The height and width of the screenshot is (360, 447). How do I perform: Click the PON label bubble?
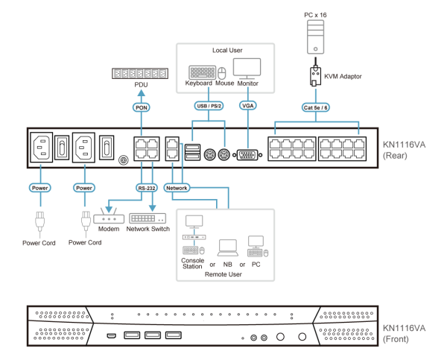[x=141, y=107]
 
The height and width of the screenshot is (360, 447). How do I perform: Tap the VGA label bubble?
[x=248, y=106]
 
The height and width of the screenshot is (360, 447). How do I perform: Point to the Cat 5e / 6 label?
[x=317, y=107]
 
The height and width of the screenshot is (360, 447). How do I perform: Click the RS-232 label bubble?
[x=146, y=188]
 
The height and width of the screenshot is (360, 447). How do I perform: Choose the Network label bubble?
[x=177, y=188]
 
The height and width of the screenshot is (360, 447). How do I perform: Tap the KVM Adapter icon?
[x=316, y=76]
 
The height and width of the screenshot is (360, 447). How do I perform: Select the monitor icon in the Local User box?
[x=247, y=69]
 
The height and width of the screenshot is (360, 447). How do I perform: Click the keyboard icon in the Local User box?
[x=201, y=72]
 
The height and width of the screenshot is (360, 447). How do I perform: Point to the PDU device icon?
[x=141, y=73]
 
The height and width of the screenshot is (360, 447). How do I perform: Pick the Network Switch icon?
[x=147, y=218]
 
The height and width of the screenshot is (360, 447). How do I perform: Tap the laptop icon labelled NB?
[x=227, y=247]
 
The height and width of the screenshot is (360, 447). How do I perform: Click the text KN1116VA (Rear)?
[x=404, y=150]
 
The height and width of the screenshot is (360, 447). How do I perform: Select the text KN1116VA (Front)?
[x=404, y=332]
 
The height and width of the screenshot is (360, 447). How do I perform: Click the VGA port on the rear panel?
[x=247, y=155]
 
